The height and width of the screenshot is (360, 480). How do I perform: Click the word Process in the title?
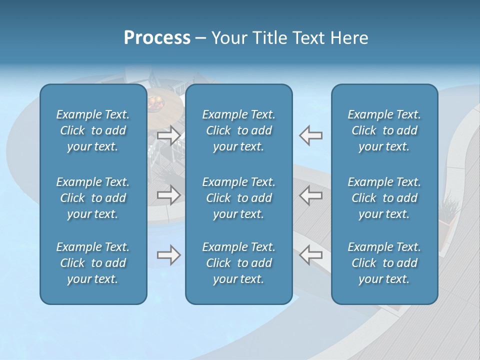tap(157, 38)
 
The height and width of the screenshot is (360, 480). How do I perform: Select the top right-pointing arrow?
tap(169, 135)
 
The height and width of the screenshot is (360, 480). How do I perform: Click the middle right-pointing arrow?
tap(169, 194)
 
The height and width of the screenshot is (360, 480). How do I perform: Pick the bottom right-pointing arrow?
tap(169, 254)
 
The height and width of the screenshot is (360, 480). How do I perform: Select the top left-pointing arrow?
tap(310, 135)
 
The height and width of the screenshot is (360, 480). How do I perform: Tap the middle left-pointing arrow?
tap(310, 194)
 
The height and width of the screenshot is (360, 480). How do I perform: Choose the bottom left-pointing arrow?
tap(310, 254)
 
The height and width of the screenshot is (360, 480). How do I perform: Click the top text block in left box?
tap(93, 130)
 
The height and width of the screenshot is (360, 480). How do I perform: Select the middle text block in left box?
tap(93, 198)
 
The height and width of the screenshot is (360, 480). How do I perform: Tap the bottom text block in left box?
tap(93, 263)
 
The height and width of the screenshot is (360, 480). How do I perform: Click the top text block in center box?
tap(239, 130)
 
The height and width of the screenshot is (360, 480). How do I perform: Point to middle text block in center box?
tap(239, 198)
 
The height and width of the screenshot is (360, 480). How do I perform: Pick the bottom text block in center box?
tap(239, 263)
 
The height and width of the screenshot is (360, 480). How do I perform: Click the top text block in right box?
tap(384, 130)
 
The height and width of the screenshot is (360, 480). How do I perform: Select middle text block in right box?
tap(384, 198)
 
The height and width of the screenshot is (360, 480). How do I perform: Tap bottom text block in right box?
tap(384, 263)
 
